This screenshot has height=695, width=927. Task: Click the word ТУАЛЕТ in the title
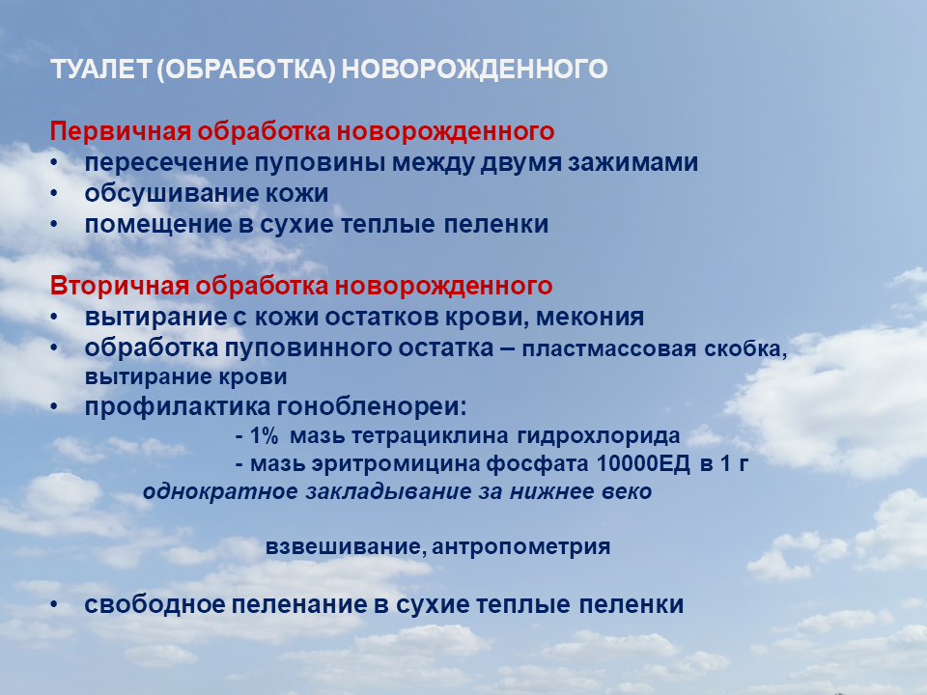101,69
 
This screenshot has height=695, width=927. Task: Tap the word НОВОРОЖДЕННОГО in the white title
475,69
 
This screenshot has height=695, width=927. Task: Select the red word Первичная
121,131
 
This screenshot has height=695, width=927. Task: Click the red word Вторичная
120,286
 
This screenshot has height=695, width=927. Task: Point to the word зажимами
633,162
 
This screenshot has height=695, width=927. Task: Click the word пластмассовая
609,349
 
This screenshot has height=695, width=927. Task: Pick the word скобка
745,349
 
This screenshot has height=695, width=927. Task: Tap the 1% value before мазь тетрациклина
263,436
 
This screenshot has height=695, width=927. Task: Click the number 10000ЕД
643,464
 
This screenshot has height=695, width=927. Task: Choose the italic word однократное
220,492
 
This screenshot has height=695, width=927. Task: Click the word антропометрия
520,547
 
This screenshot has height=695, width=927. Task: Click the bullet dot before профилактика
54,406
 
